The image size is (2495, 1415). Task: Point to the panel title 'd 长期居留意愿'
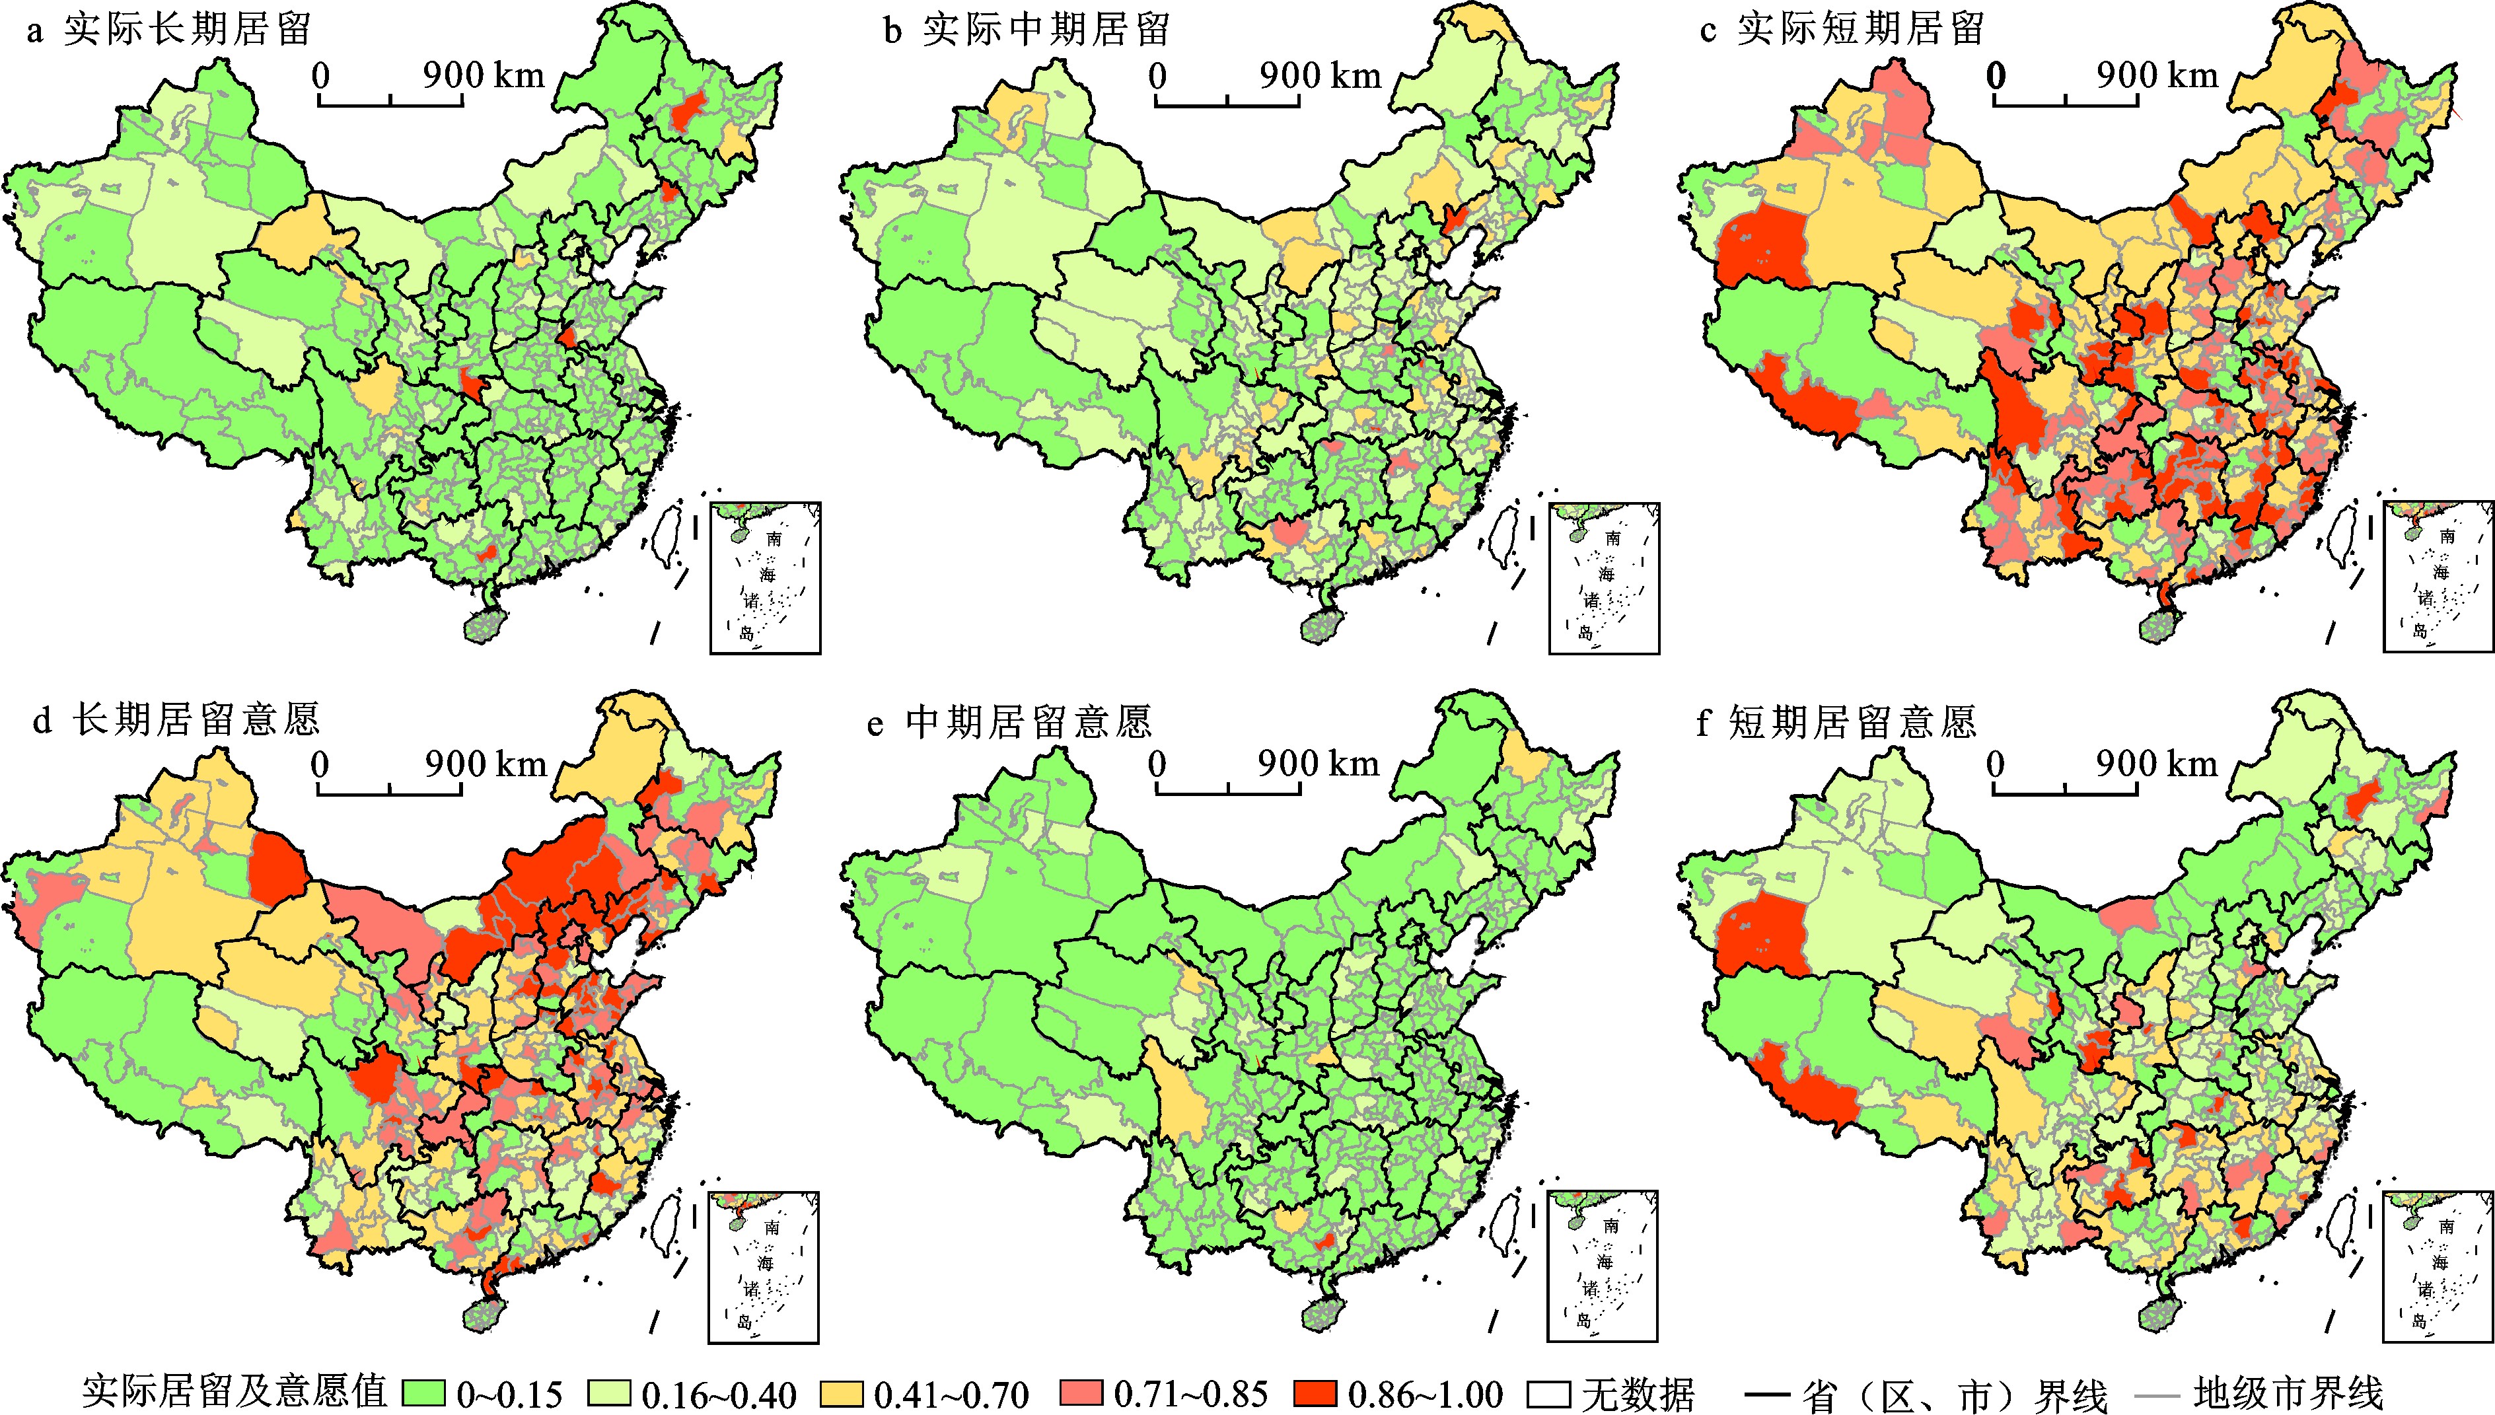click(176, 720)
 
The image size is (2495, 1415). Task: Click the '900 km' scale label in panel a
click(484, 75)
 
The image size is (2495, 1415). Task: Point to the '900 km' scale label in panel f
click(2157, 764)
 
